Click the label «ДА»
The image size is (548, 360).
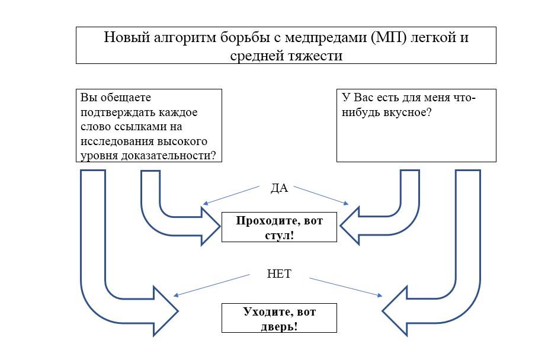(x=279, y=188)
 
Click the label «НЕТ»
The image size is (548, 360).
(x=279, y=274)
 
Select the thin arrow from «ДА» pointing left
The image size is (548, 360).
(x=231, y=195)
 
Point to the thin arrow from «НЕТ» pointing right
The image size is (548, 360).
(x=346, y=287)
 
